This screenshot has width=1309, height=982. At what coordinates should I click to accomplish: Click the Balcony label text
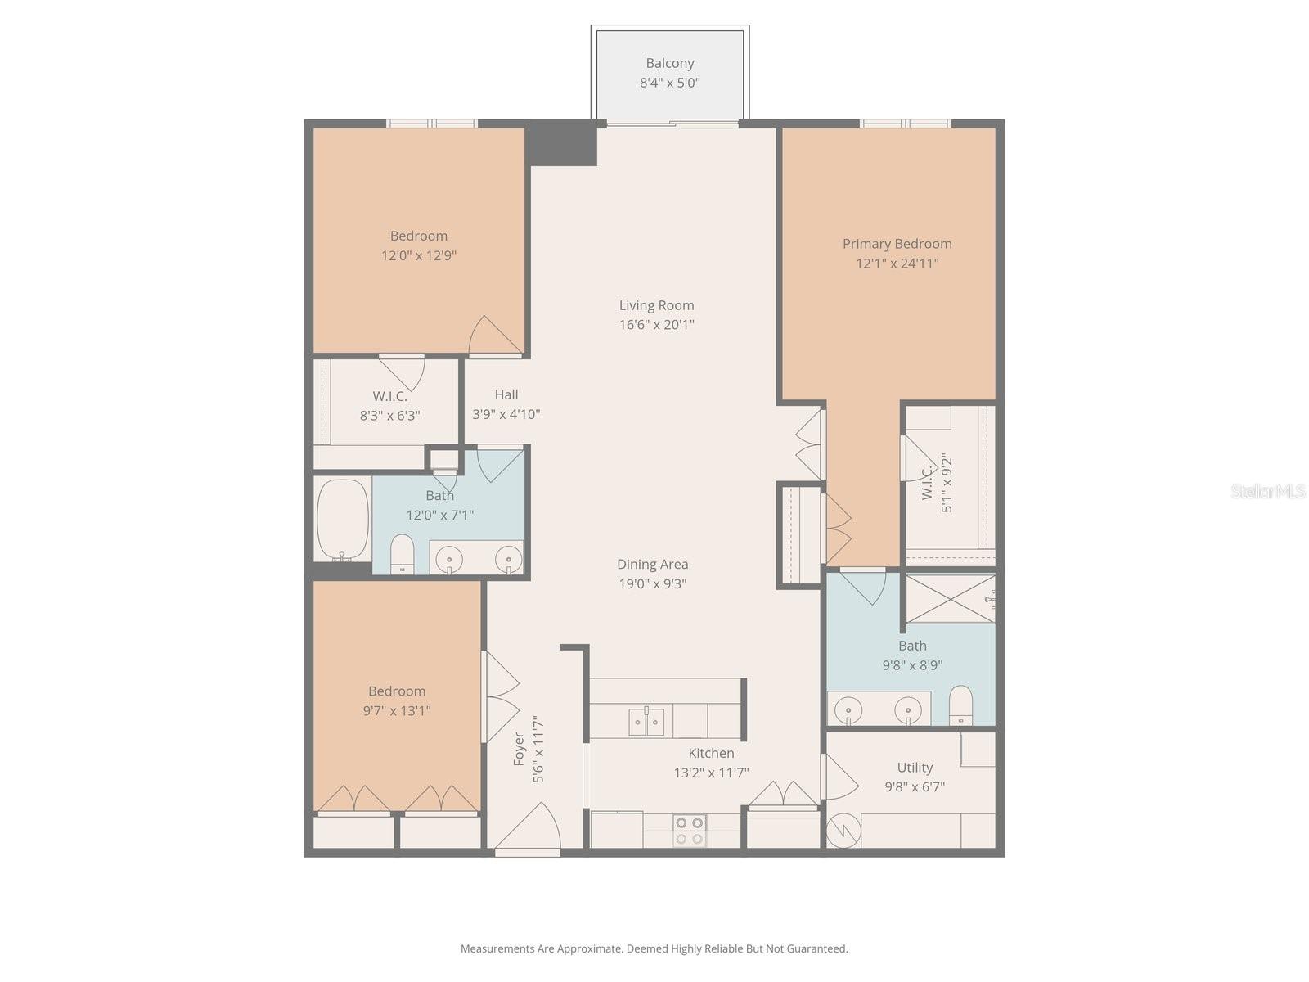point(669,63)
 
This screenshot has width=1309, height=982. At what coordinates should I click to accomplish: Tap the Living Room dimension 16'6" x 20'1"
point(656,325)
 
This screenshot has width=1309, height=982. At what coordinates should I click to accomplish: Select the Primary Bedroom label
point(897,244)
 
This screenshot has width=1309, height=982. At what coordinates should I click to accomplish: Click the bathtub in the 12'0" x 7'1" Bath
point(342,519)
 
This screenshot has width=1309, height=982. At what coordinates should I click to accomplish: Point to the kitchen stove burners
point(689,831)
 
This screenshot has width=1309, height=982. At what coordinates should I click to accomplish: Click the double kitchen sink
point(646,722)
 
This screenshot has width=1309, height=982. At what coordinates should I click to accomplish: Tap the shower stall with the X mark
point(949,599)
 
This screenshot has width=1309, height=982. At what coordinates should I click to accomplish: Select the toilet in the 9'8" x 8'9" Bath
point(960,705)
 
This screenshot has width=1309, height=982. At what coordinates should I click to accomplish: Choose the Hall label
point(506,395)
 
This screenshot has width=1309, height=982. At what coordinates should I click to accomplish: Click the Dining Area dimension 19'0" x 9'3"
point(652,584)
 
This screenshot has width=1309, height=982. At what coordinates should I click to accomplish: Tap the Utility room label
point(914,768)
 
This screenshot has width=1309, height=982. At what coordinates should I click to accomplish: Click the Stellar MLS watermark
point(1267,491)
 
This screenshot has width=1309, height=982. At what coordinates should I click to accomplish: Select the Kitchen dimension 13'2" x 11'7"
point(711,773)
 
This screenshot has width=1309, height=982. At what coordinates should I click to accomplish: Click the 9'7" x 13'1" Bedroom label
point(397,691)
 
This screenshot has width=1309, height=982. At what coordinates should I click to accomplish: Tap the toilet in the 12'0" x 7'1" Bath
point(402,554)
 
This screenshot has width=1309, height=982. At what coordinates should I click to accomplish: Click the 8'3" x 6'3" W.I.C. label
point(389,396)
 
